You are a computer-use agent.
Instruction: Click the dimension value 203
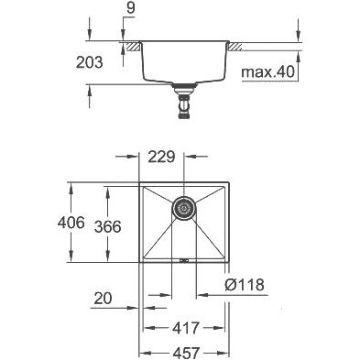pyautogui.click(x=90, y=62)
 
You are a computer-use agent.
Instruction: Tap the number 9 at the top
pyautogui.click(x=131, y=8)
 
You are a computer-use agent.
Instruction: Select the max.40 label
pyautogui.click(x=267, y=72)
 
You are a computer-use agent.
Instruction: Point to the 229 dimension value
pyautogui.click(x=161, y=157)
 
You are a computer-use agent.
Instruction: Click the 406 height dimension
pyautogui.click(x=71, y=223)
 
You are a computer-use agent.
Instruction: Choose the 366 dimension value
pyautogui.click(x=108, y=226)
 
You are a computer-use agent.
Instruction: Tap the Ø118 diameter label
pyautogui.click(x=245, y=285)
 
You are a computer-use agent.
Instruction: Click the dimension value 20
pyautogui.click(x=103, y=298)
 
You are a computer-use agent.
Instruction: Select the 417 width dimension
pyautogui.click(x=186, y=328)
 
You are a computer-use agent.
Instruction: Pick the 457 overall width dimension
pyautogui.click(x=186, y=353)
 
